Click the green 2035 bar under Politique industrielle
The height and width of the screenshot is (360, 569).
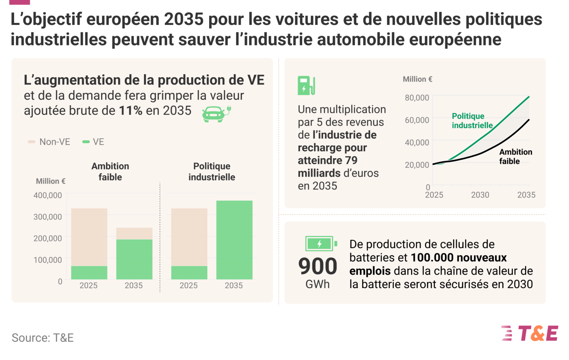tap(234, 240)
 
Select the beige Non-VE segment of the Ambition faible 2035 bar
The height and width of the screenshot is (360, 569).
tap(134, 233)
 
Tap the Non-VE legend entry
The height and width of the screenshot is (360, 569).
tap(49, 142)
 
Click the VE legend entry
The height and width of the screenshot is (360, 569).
tap(93, 142)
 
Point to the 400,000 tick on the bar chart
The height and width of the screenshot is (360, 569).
tap(48, 195)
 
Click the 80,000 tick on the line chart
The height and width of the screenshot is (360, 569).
tap(417, 98)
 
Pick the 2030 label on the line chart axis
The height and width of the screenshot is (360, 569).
tap(480, 195)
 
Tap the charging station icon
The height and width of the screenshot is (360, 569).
tap(306, 85)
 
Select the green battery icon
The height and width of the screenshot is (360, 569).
tap(321, 244)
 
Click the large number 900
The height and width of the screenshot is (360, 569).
tap(317, 267)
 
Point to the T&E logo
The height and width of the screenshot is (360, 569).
tap(530, 333)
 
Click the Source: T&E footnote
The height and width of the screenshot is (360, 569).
tap(43, 338)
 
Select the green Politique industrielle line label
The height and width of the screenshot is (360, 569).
tap(472, 120)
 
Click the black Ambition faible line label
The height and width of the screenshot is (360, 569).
tap(515, 156)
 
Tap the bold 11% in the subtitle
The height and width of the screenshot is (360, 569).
tap(130, 111)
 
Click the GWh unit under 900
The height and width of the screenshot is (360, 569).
tap(317, 284)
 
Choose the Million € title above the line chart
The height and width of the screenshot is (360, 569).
tap(417, 79)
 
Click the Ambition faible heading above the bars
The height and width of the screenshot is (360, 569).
tap(110, 171)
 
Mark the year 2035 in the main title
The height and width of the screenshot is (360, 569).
tap(184, 19)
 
